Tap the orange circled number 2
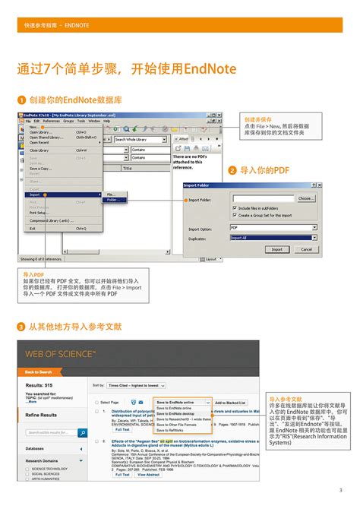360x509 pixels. [232, 172]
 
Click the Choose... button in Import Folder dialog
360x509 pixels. [305, 198]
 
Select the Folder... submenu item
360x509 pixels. [112, 200]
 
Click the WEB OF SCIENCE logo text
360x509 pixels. [61, 355]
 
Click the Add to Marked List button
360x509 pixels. [230, 402]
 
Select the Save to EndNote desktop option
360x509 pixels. [177, 413]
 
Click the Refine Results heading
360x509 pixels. [42, 416]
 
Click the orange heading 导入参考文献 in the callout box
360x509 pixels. [286, 398]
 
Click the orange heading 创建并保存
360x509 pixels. [257, 119]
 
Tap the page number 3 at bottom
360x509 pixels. [339, 489]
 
